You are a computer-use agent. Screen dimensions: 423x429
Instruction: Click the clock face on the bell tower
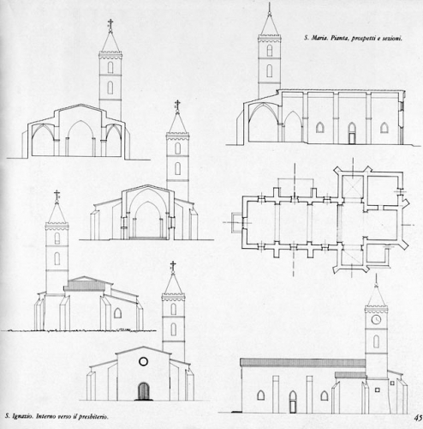click(376, 319)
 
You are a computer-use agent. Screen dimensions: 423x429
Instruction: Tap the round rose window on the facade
click(143, 361)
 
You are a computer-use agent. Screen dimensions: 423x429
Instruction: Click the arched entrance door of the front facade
click(144, 391)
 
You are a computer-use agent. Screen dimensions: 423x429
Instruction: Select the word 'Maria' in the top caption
click(319, 38)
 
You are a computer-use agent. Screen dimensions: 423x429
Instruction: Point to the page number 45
click(419, 418)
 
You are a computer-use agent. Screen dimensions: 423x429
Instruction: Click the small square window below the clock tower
click(378, 390)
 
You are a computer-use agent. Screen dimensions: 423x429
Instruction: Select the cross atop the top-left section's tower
click(110, 23)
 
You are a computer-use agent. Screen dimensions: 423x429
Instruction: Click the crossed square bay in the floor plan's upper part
click(353, 186)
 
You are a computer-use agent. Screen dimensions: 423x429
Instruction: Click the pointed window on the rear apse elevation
click(117, 313)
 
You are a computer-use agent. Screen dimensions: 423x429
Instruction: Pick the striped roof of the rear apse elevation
click(84, 286)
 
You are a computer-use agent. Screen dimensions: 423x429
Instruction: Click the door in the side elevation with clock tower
click(293, 402)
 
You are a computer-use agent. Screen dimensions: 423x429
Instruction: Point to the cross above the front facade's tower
click(173, 266)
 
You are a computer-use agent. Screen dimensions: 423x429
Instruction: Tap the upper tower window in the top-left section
click(110, 67)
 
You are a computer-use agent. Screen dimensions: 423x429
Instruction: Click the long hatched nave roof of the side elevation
click(302, 363)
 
